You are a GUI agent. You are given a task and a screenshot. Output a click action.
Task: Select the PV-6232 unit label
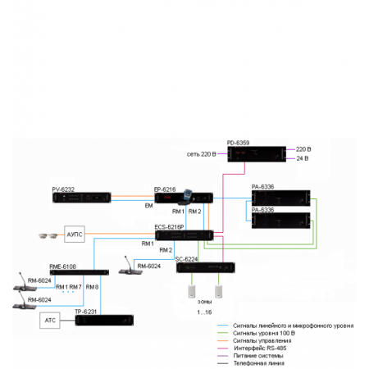[x=63, y=189]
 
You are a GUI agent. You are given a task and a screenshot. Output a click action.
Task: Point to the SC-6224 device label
[x=188, y=259]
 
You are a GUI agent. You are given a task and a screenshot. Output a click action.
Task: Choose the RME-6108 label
[x=63, y=266]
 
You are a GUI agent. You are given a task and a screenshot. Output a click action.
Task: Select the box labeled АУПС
[x=76, y=235]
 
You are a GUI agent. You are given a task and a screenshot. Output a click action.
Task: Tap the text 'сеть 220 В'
[x=200, y=154]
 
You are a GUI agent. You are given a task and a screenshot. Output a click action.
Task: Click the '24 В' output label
[x=301, y=157]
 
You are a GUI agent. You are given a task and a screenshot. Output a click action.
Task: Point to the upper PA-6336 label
[x=262, y=187]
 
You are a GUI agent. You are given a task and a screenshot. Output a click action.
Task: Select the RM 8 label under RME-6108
[x=92, y=286]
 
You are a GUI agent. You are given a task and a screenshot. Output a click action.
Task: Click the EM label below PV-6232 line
[x=148, y=205]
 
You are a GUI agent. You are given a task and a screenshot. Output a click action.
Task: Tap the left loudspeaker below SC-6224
[x=190, y=291]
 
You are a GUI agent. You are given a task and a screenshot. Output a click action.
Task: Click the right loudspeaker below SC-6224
[x=219, y=291]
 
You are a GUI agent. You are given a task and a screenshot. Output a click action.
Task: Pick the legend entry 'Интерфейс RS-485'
[x=258, y=348]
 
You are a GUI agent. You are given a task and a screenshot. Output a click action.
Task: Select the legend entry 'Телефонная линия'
[x=258, y=362]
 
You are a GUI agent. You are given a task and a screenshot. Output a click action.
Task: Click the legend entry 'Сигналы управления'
[x=261, y=340]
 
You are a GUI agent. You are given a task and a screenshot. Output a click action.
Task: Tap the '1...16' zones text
[x=203, y=313]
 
